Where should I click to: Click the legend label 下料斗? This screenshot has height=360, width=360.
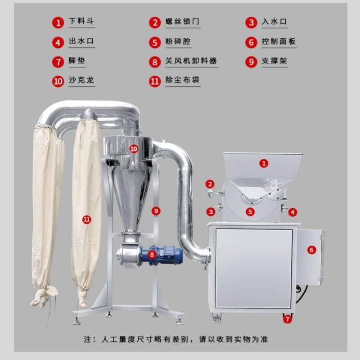coord(81,22)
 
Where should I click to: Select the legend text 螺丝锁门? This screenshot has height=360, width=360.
coord(182,22)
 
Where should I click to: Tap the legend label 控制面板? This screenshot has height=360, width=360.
coord(279,42)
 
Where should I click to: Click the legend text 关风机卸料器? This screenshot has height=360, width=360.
coord(189,61)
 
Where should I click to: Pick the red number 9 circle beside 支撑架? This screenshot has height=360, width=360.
coord(251,61)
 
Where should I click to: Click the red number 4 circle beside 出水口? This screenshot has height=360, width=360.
coord(58,42)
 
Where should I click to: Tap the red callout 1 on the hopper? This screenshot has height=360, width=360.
coord(264,164)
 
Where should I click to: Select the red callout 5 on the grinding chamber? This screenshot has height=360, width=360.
coord(250,211)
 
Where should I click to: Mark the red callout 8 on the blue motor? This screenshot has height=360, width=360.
coord(152,254)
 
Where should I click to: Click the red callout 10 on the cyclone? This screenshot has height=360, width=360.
coord(133,148)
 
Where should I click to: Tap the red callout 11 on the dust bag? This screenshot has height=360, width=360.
coord(87,219)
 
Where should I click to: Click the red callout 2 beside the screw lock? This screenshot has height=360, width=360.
coord(210,184)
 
